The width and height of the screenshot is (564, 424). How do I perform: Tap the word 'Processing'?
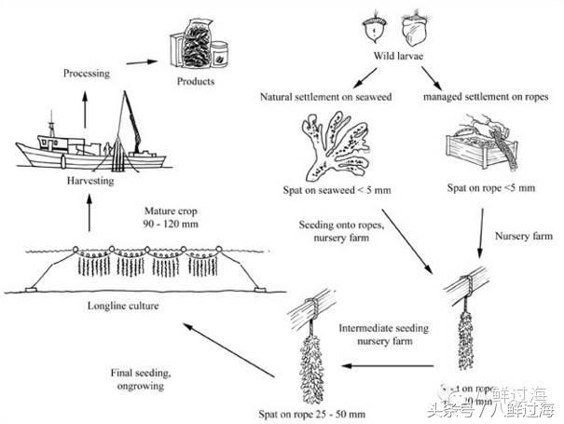[87, 71]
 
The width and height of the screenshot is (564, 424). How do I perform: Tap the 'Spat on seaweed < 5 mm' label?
[333, 190]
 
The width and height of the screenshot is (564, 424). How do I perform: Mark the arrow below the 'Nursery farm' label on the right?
[480, 247]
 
